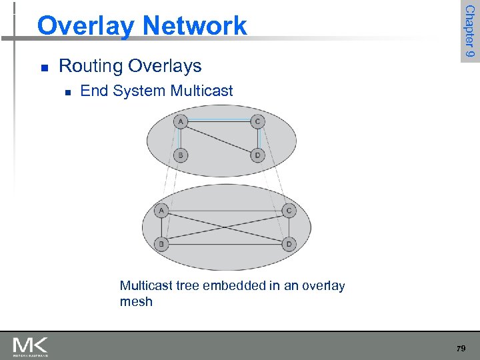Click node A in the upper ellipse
coord(180,121)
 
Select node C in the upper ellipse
coord(257,121)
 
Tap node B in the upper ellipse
coord(180,155)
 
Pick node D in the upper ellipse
coord(257,155)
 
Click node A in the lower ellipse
coord(161,211)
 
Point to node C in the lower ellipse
coord(289,211)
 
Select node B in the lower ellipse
coord(161,244)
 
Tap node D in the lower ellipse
coord(289,244)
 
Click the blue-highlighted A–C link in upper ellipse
coord(219,121)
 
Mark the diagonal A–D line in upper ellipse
coord(219,139)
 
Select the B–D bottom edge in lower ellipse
coord(225,245)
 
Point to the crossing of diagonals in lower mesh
coord(225,228)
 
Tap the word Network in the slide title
coord(194,26)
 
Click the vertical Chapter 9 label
coord(470,31)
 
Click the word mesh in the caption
coord(136,301)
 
